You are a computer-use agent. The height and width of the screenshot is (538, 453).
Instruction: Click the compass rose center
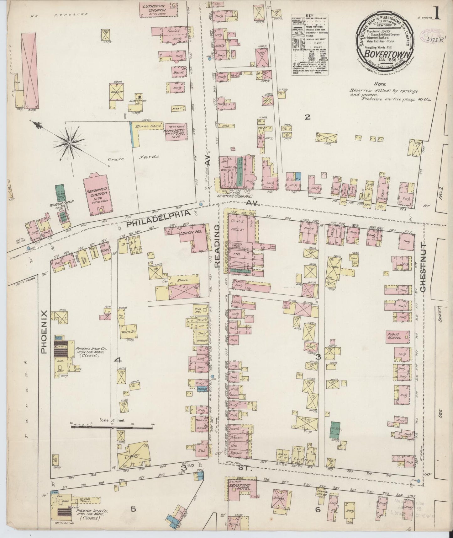pyautogui.click(x=69, y=143)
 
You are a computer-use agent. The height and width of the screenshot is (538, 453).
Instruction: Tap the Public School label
pyautogui.click(x=394, y=336)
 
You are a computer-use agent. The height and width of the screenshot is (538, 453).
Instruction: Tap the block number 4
pyautogui.click(x=118, y=360)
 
